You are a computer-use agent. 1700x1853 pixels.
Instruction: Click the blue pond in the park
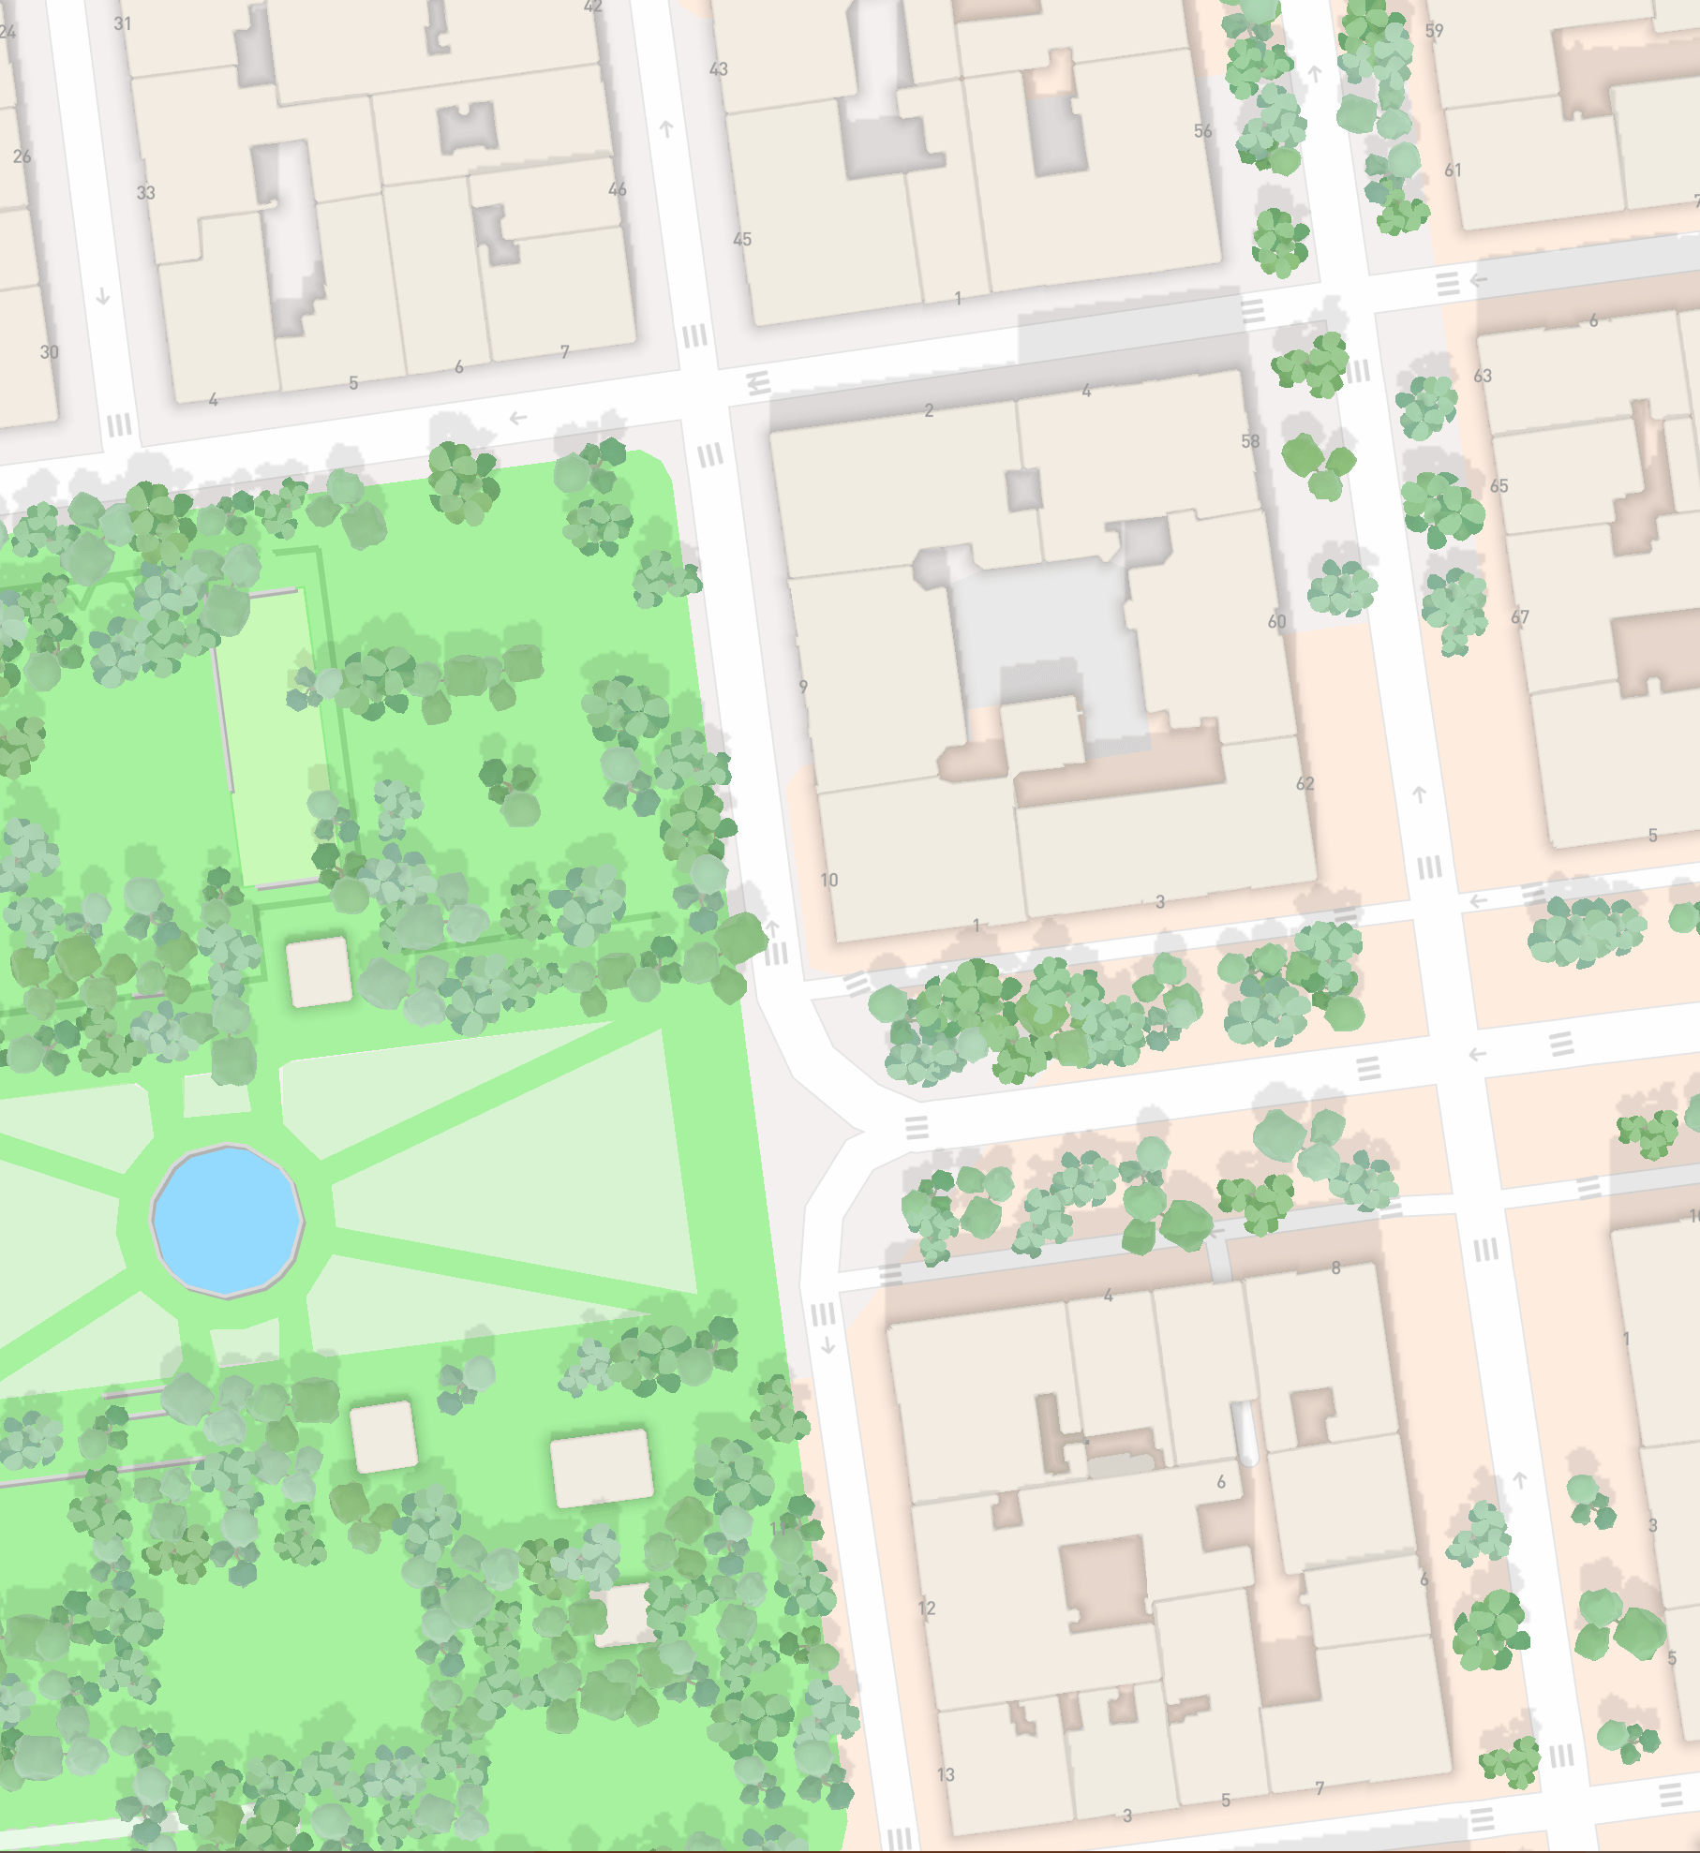tap(227, 1221)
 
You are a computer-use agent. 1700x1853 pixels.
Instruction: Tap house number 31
tap(123, 23)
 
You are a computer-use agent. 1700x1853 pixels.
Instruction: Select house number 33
tap(146, 193)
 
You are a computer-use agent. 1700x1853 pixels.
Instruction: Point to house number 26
tap(22, 156)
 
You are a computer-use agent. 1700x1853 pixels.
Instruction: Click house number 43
tap(719, 69)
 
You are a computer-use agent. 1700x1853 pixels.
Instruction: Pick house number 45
tap(742, 240)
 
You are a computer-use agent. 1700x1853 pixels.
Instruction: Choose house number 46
tap(618, 189)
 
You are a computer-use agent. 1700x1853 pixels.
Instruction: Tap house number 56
tap(1203, 131)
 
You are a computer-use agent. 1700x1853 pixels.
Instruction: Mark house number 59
tap(1434, 31)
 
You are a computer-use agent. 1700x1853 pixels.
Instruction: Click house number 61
tap(1453, 170)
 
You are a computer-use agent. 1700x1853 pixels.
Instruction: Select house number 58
tap(1250, 441)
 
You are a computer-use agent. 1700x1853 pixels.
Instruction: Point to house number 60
tap(1277, 621)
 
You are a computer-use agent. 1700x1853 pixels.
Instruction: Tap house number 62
tap(1305, 783)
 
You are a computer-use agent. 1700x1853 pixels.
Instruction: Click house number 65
tap(1499, 486)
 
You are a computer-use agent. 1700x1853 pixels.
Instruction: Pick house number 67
tap(1520, 617)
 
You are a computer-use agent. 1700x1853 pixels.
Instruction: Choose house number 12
tap(927, 1608)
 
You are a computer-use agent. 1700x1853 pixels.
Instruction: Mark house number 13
tap(946, 1775)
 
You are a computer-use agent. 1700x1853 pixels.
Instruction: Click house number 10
tap(829, 881)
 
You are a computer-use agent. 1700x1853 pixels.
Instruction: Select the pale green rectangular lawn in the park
tap(272, 740)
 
